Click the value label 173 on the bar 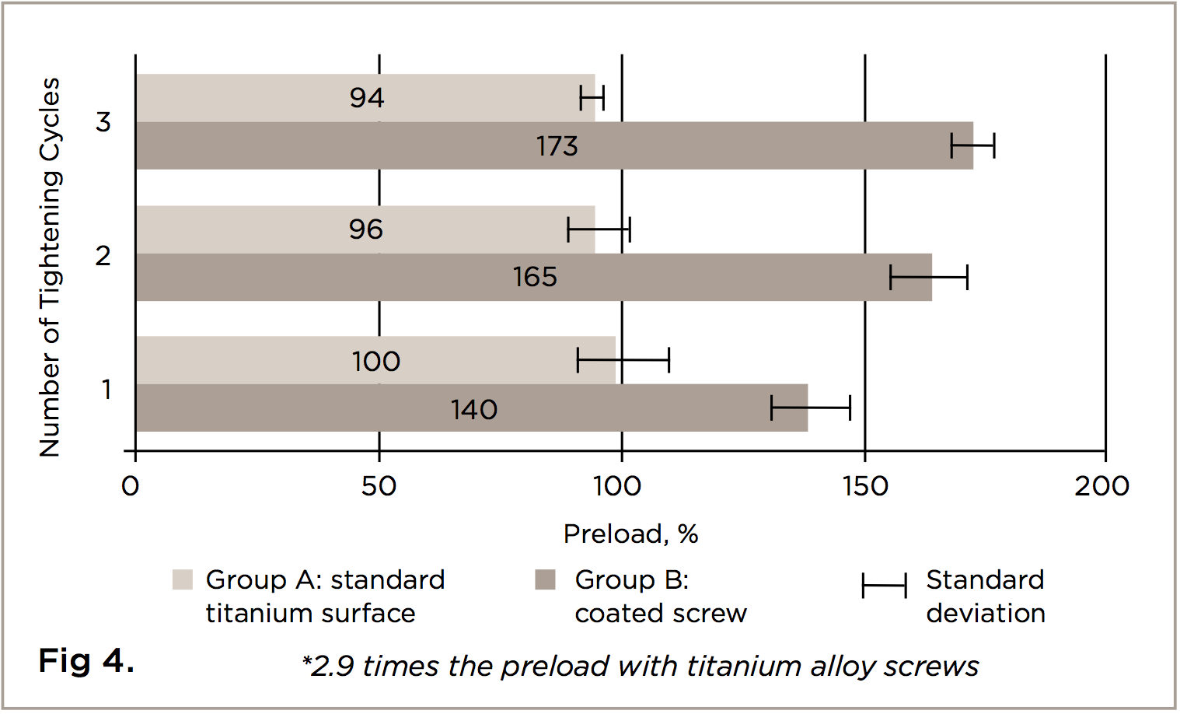(x=557, y=146)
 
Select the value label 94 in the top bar (x=367, y=98)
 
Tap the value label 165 (x=535, y=277)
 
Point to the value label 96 (x=366, y=229)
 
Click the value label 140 (x=474, y=409)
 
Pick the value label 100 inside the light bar (x=375, y=362)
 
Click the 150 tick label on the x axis (x=865, y=487)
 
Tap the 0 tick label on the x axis (x=131, y=487)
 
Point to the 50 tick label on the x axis (x=379, y=487)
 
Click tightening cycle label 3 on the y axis (x=103, y=122)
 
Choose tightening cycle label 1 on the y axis (x=106, y=390)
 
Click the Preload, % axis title (x=630, y=534)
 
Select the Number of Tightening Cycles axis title (x=50, y=267)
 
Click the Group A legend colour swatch (x=182, y=579)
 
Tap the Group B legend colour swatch (x=545, y=579)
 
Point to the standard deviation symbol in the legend (x=884, y=586)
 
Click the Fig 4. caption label (x=86, y=661)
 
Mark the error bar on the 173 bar (x=972, y=145)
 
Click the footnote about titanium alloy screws (x=641, y=667)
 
